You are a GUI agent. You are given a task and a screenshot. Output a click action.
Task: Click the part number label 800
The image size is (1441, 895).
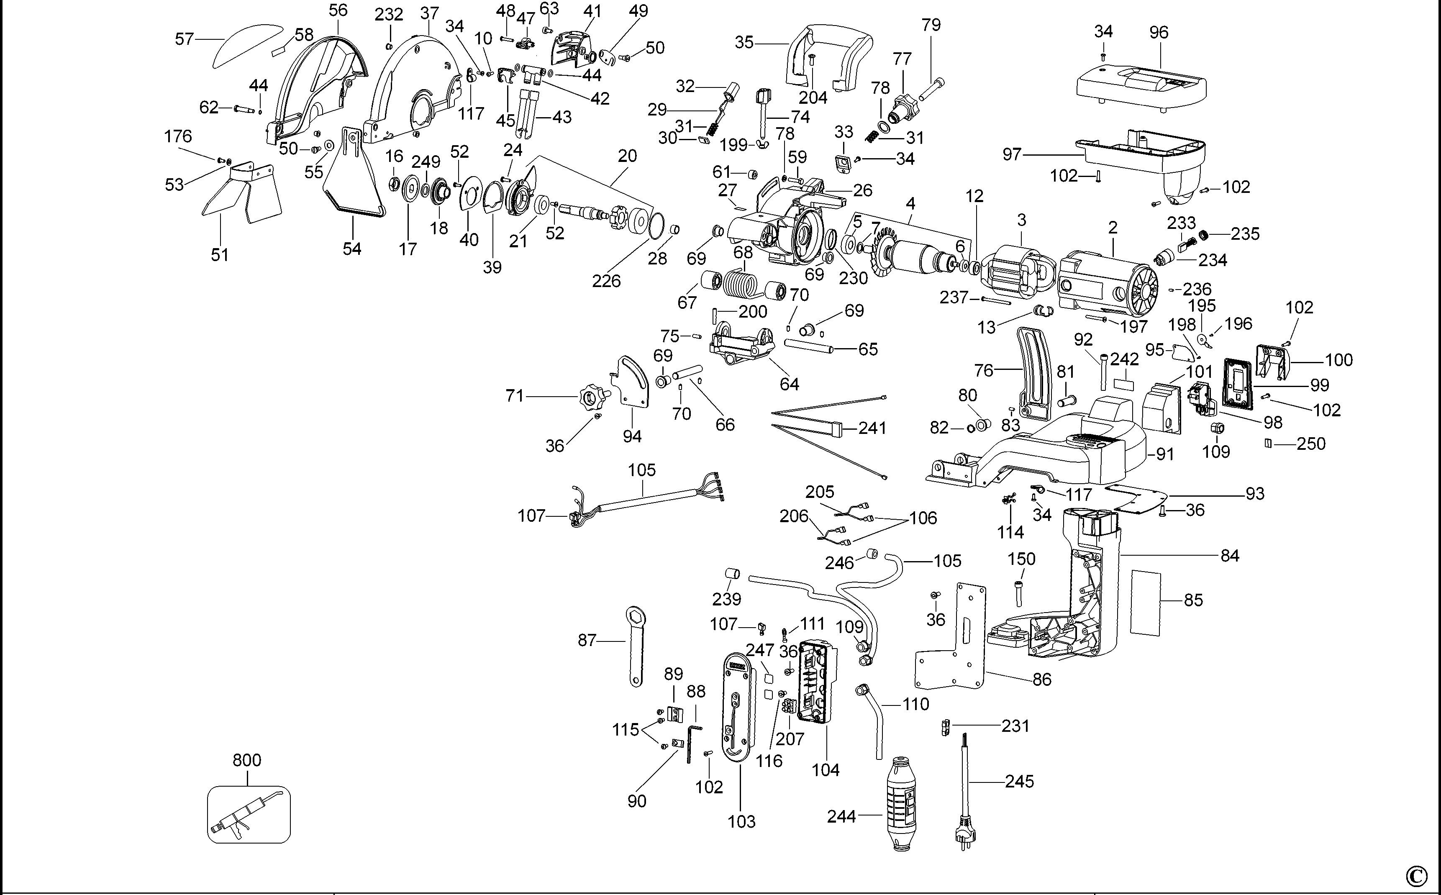(x=247, y=760)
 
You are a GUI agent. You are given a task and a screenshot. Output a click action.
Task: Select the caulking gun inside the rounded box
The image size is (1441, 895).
(x=249, y=814)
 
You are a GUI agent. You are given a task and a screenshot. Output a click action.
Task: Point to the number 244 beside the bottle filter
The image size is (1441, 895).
(x=841, y=817)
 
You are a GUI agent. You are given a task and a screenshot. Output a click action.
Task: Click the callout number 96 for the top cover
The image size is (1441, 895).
(x=1159, y=33)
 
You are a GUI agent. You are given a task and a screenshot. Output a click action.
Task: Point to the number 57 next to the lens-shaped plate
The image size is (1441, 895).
(x=185, y=39)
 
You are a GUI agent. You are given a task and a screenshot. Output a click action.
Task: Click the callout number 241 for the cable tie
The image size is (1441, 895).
(x=872, y=428)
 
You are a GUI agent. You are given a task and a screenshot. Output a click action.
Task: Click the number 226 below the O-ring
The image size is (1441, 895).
(x=607, y=281)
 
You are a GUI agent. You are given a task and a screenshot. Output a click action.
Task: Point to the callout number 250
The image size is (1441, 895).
(x=1311, y=444)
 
